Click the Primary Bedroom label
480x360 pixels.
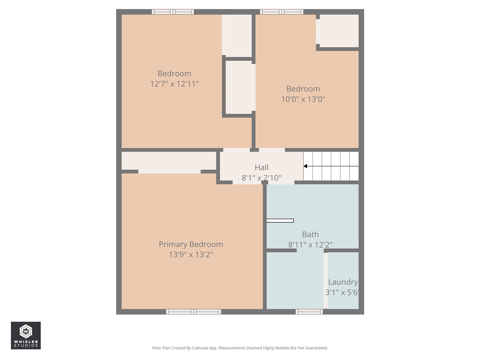pos(190,244)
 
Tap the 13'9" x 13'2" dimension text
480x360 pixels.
pos(190,255)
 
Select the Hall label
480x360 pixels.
pos(261,167)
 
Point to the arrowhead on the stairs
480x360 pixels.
pos(305,166)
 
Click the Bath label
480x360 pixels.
pos(310,234)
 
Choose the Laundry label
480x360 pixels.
pos(343,282)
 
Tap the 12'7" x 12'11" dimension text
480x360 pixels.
pos(174,84)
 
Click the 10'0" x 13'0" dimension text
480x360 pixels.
pos(303,99)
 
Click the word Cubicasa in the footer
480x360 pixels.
pos(200,348)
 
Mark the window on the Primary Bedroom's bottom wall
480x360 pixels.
pos(193,312)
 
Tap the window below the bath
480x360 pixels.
pos(309,312)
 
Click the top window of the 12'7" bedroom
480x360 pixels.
pos(173,12)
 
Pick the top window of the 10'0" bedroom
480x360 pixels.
pos(282,12)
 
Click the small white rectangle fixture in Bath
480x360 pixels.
pos(280,220)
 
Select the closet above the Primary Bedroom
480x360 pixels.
pos(169,160)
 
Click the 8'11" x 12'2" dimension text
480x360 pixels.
pos(310,245)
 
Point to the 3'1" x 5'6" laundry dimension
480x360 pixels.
pos(342,292)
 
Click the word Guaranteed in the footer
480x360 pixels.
pos(316,348)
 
